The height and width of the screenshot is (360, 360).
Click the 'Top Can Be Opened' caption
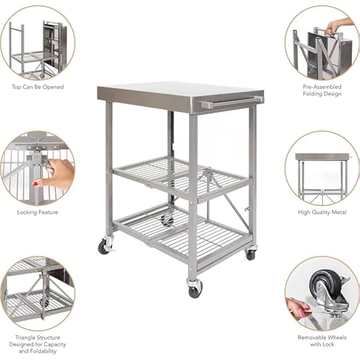coord(38,87)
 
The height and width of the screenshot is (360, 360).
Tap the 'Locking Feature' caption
coord(38,212)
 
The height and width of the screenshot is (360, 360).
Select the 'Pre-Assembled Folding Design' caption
coord(322,90)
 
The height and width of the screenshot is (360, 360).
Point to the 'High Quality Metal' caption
coord(322,212)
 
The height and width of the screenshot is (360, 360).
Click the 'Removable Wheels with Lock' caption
coord(322,341)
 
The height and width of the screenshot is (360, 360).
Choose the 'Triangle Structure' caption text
coord(38,337)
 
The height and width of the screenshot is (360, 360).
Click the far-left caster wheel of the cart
coord(104,247)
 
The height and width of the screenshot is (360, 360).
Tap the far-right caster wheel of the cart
coord(250,254)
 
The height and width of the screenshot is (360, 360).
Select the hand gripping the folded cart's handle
coord(339,25)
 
